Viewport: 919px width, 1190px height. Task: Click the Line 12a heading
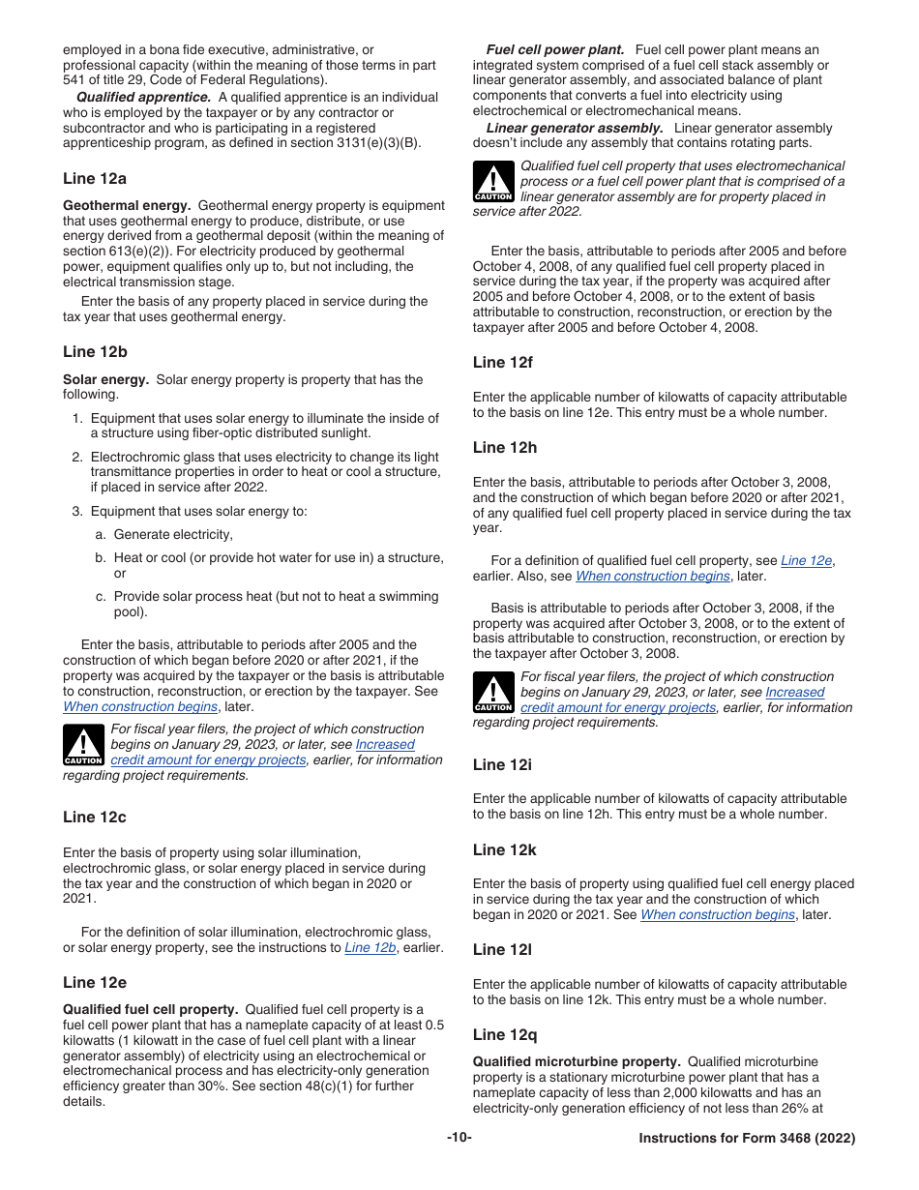point(94,179)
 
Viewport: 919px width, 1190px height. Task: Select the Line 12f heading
point(502,363)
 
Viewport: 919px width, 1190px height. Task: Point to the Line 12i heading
point(502,765)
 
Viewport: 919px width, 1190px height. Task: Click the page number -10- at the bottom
point(459,1138)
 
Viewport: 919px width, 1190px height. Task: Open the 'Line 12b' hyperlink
point(370,948)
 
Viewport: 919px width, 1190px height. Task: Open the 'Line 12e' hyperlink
point(806,561)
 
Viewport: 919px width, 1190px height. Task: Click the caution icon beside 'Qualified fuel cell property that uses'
point(493,183)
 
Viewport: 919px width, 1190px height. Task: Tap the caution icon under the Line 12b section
point(83,746)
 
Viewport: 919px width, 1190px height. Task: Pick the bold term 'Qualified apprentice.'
point(143,98)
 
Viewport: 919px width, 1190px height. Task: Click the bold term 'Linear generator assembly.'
point(575,129)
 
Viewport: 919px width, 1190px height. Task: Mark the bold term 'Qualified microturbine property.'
point(577,1062)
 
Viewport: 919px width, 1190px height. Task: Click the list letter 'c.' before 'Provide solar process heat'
point(101,597)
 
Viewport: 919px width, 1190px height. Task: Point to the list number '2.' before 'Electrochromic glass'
point(77,458)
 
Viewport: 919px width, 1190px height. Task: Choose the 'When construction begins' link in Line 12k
point(717,915)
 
